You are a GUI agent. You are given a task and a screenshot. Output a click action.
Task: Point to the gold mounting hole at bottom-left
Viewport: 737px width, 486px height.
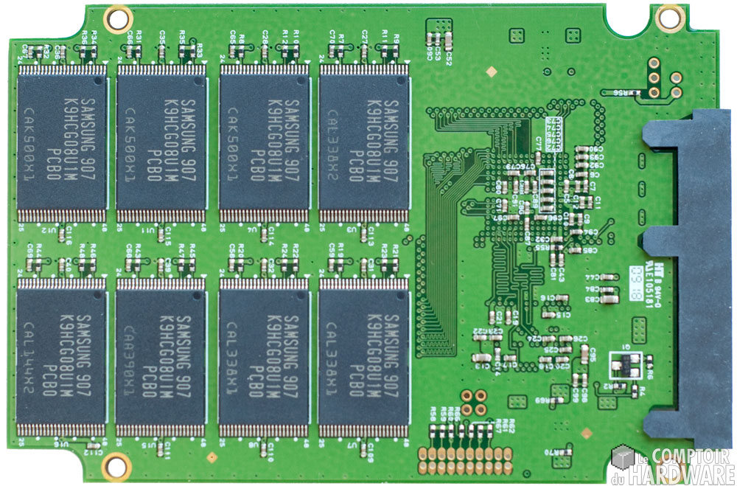[115, 465]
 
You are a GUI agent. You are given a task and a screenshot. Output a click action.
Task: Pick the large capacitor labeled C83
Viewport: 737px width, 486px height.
[609, 298]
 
